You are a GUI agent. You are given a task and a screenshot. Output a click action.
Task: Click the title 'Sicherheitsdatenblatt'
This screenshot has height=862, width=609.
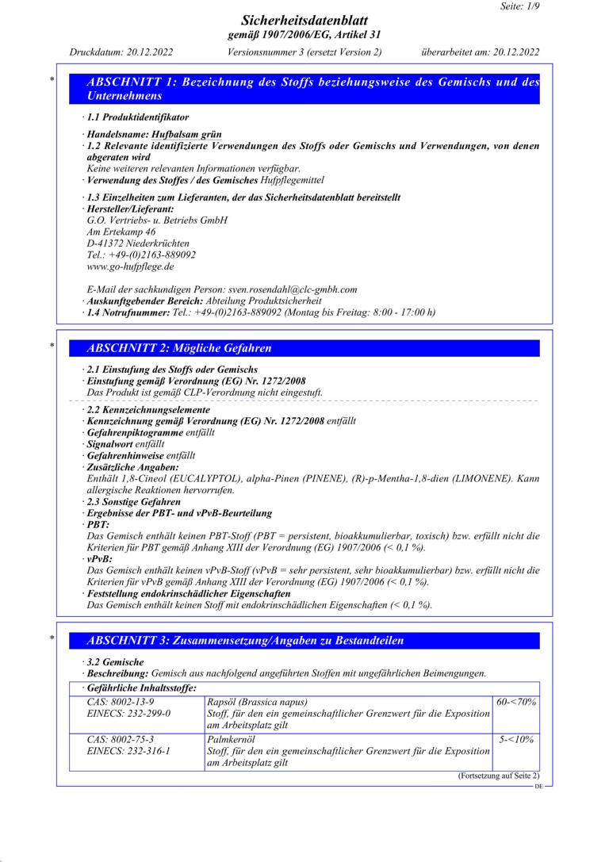(304, 20)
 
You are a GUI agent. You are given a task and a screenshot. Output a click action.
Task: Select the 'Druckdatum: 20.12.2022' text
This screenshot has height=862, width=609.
(121, 52)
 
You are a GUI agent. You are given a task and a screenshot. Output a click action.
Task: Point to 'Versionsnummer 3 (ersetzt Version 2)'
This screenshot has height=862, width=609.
(304, 52)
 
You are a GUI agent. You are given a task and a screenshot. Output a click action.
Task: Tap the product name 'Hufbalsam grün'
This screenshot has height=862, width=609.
(188, 135)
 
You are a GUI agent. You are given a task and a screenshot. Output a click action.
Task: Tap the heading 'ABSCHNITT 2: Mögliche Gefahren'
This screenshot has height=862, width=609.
(180, 348)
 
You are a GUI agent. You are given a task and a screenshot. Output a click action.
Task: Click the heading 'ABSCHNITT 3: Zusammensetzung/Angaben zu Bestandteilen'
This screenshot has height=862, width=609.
(245, 640)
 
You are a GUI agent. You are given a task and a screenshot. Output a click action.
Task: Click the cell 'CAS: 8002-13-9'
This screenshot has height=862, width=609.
(121, 702)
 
